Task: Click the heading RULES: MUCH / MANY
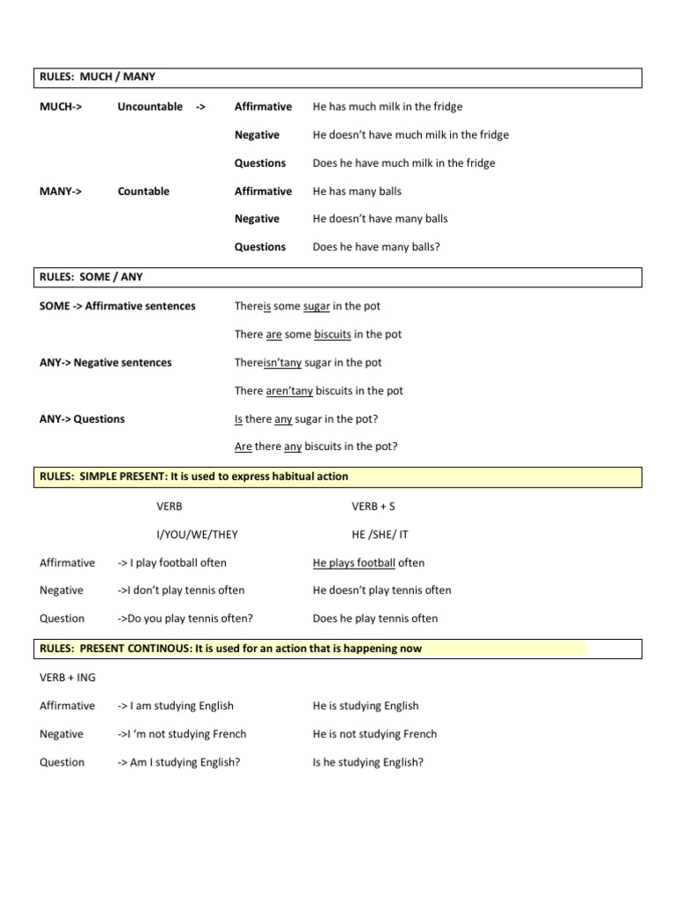pos(98,77)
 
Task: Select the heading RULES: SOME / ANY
pos(91,277)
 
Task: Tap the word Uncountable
pos(150,107)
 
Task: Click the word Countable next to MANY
pos(143,192)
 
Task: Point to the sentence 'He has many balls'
pos(357,192)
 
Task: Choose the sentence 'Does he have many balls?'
pos(376,248)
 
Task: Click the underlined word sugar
pos(316,307)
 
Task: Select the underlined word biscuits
pos(333,335)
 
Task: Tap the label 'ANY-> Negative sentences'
pos(105,363)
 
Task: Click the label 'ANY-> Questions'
pos(82,419)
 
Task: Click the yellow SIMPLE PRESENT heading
pos(194,477)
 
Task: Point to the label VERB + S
pos(374,507)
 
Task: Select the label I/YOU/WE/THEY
pos(197,534)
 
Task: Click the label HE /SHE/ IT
pos(380,534)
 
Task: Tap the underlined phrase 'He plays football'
pos(354,563)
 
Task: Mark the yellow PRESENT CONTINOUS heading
pos(230,649)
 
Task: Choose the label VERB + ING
pos(68,678)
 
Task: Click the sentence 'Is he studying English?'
pos(368,763)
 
